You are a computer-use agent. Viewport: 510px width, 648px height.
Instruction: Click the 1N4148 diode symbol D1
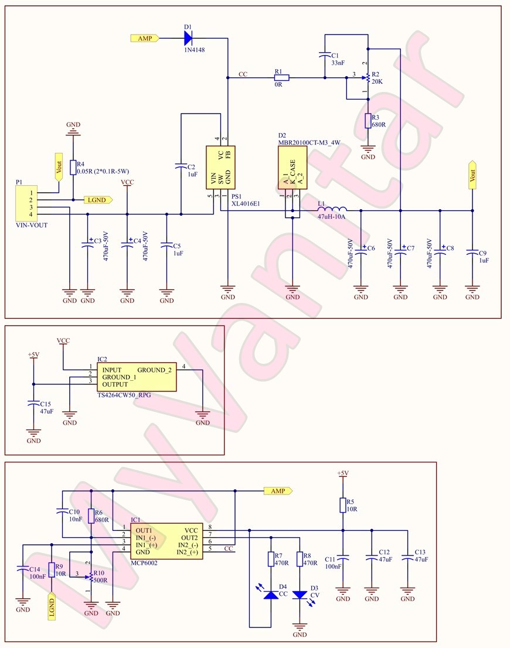pos(188,38)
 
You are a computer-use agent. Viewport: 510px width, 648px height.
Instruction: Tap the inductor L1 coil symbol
pos(332,209)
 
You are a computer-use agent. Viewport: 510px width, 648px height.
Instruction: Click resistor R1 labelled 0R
pos(281,77)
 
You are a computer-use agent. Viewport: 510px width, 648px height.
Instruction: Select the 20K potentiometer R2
pos(368,77)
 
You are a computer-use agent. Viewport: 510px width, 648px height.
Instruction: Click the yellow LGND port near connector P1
pos(97,200)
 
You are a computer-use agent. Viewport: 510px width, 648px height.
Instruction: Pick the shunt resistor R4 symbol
pos(73,168)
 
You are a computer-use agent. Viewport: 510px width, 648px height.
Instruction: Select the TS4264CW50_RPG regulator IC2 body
pos(137,377)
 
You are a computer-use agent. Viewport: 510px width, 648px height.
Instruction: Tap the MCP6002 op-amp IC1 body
pos(166,541)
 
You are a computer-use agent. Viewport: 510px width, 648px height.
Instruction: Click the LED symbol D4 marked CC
pos(271,595)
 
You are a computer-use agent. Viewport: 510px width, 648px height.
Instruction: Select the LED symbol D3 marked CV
pos(300,595)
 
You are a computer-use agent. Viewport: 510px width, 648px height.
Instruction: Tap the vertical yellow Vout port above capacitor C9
pos(472,174)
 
